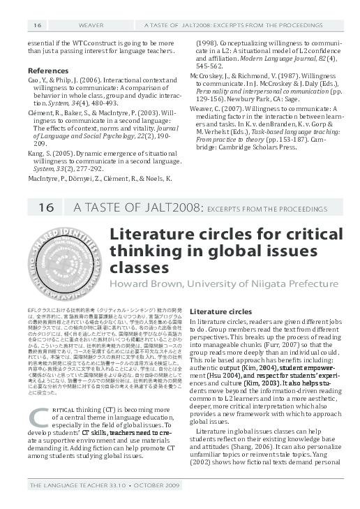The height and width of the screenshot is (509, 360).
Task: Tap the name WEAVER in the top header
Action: point(83,26)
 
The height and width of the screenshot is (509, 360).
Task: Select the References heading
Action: point(47,71)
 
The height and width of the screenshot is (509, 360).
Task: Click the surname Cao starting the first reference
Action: point(33,81)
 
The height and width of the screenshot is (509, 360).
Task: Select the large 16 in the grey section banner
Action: point(46,207)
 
